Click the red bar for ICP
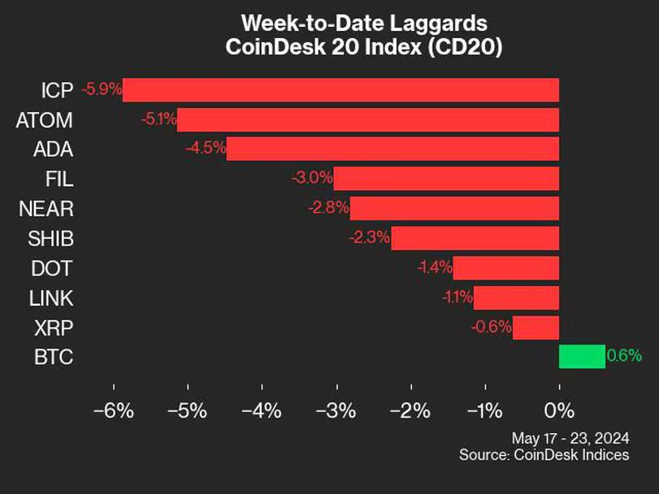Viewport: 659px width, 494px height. [x=341, y=90]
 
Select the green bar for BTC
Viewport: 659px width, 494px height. [x=582, y=356]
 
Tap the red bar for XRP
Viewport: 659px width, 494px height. [x=536, y=327]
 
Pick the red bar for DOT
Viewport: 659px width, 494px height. [x=506, y=268]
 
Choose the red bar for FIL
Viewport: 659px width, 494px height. [x=446, y=179]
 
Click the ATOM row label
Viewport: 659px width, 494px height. [x=45, y=120]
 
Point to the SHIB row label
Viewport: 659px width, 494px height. [x=50, y=239]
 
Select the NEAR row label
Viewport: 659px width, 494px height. [x=46, y=209]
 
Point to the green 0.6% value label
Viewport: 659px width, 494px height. [x=624, y=355]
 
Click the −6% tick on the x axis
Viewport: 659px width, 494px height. [x=113, y=410]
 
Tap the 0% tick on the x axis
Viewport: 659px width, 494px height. [x=559, y=410]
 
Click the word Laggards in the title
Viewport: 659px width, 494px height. [x=438, y=22]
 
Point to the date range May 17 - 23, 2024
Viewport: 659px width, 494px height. [x=569, y=438]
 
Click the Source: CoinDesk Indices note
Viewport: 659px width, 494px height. [x=544, y=455]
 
